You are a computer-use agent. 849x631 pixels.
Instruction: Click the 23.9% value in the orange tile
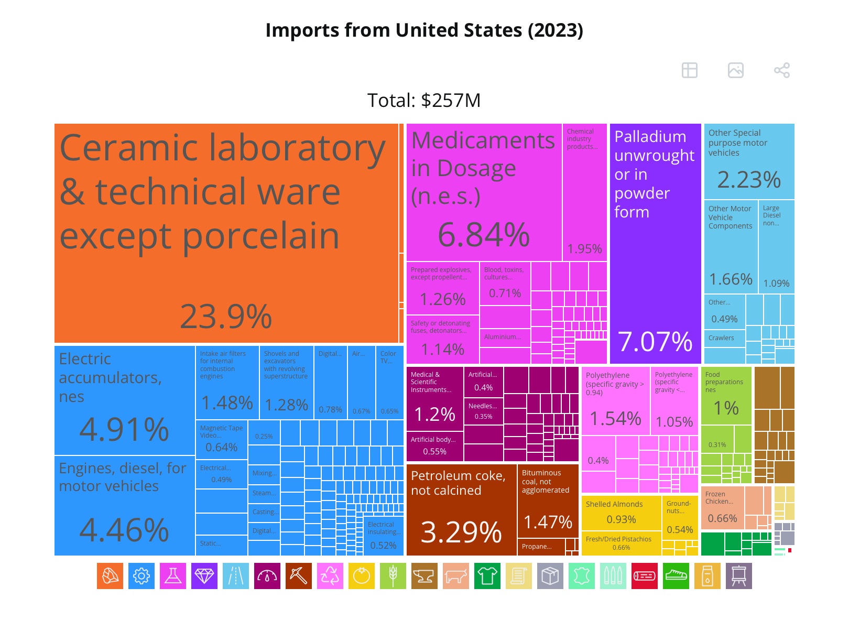pyautogui.click(x=226, y=317)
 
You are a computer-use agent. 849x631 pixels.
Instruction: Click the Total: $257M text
pyautogui.click(x=423, y=100)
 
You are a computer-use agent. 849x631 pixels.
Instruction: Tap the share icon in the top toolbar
pyautogui.click(x=781, y=70)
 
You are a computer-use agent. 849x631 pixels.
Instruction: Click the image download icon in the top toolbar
pyautogui.click(x=735, y=70)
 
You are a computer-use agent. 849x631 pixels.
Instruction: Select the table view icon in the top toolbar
pyautogui.click(x=689, y=70)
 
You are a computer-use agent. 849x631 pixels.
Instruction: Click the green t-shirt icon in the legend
pyautogui.click(x=487, y=576)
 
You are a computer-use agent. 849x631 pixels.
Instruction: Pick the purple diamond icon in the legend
pyautogui.click(x=204, y=576)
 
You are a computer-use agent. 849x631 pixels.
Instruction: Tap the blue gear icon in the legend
pyautogui.click(x=141, y=576)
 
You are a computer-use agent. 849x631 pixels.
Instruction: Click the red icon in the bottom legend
pyautogui.click(x=645, y=576)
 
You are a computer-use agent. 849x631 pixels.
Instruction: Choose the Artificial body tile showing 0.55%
pyautogui.click(x=434, y=446)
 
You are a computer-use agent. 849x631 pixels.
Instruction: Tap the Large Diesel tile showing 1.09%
pyautogui.click(x=776, y=246)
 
